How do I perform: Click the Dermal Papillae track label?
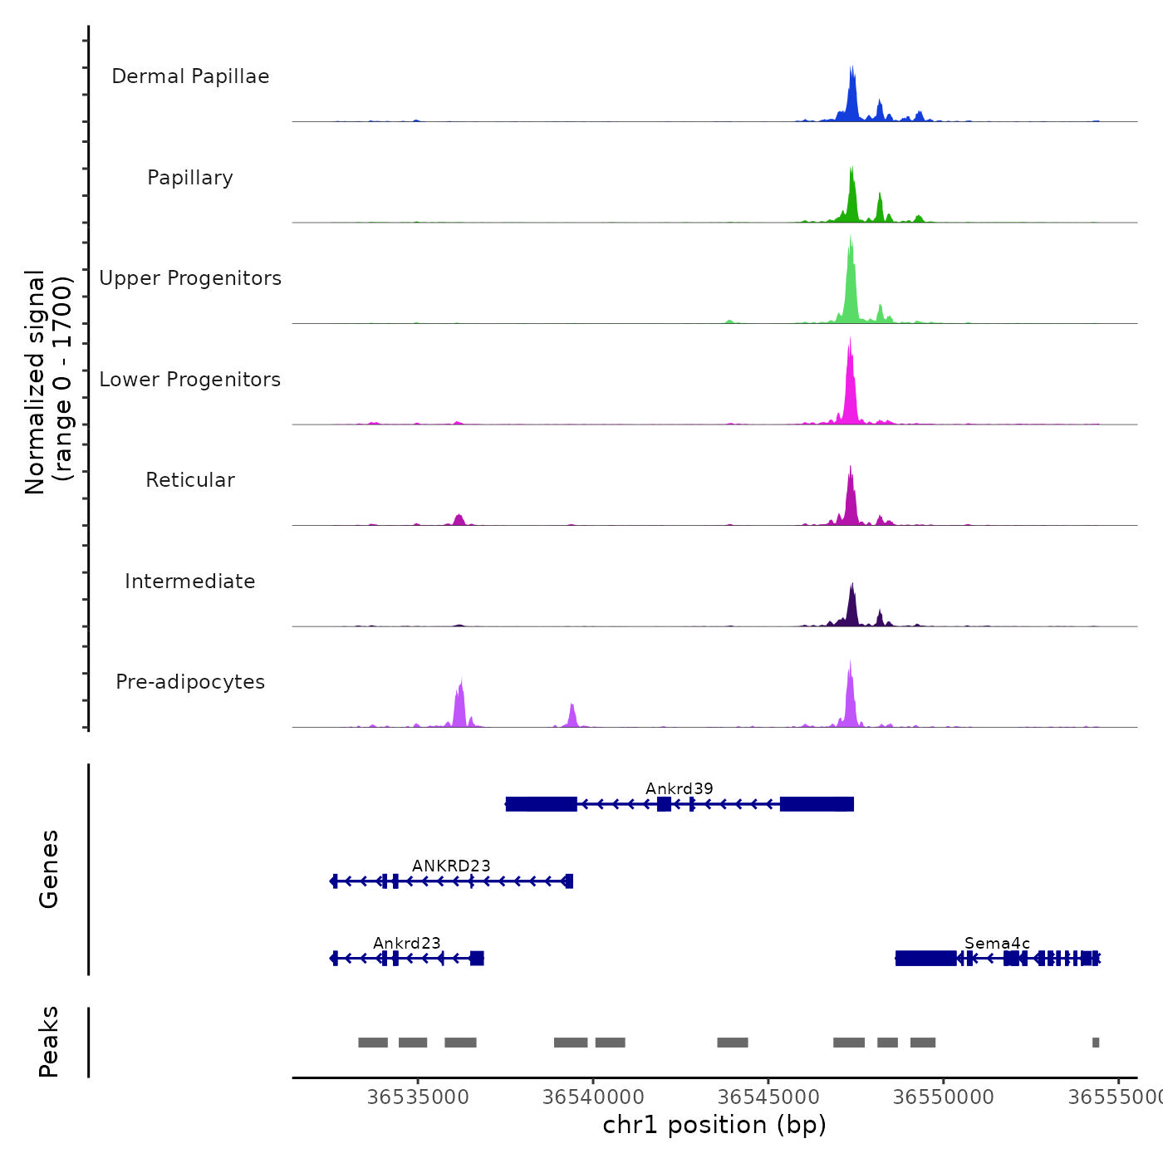pos(190,76)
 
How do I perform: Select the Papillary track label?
pos(190,178)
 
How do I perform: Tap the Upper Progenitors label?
pos(190,278)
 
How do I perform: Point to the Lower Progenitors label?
pos(190,380)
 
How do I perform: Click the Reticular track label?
pos(190,480)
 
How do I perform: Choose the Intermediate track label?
pos(190,581)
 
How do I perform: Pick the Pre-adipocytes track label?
pos(190,682)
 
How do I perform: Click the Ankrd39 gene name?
pos(680,788)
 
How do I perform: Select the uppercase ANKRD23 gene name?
pos(451,866)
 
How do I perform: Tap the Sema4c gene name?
pos(997,943)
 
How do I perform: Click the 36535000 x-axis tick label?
pos(418,1097)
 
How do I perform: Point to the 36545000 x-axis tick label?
pos(768,1097)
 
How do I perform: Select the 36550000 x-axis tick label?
pos(944,1097)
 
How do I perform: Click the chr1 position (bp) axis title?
pos(714,1125)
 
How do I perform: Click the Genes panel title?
pos(49,869)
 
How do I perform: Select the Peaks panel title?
pos(49,1042)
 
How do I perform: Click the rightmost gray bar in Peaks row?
pos(1096,1043)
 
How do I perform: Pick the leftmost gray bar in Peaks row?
pos(373,1043)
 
